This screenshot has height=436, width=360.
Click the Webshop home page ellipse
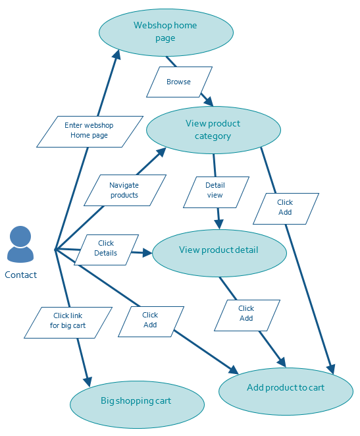coord(166,32)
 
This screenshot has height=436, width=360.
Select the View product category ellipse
coord(213,130)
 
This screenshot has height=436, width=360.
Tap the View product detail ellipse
coord(219,251)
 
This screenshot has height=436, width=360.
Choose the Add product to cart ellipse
coord(286,388)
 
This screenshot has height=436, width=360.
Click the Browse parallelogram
coord(179,82)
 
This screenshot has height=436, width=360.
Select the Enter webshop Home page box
coord(90,131)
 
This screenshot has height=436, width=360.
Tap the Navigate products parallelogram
coord(124,190)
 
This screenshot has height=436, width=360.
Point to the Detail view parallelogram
coord(215,191)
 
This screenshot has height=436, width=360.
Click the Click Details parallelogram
coord(106,249)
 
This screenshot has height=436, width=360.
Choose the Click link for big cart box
coord(68,321)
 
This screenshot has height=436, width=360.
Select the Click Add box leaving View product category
coord(285,208)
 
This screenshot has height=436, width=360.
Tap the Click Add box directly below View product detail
coord(246,314)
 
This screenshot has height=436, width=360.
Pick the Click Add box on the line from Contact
coord(150,320)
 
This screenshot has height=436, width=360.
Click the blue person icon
coord(20,244)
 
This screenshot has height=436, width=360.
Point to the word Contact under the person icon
coord(20,275)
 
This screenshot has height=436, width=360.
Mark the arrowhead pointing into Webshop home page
coord(116,55)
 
